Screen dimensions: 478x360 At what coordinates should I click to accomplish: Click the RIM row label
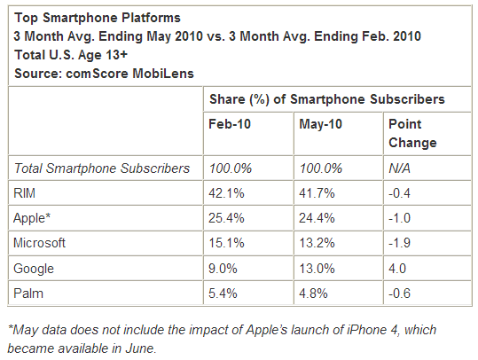pyautogui.click(x=25, y=193)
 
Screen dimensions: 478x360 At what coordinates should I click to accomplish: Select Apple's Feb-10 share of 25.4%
pyautogui.click(x=226, y=218)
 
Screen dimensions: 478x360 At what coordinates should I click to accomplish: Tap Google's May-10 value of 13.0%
pyautogui.click(x=317, y=269)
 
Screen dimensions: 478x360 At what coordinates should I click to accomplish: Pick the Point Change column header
pyautogui.click(x=412, y=133)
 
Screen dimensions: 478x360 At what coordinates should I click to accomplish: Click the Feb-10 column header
pyautogui.click(x=230, y=124)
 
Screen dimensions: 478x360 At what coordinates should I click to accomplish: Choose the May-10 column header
pyautogui.click(x=320, y=124)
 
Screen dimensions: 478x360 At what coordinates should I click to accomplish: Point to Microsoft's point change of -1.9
pyautogui.click(x=399, y=243)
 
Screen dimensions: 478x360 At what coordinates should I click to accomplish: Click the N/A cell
pyautogui.click(x=399, y=168)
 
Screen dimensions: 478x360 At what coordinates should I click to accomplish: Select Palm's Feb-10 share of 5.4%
pyautogui.click(x=223, y=293)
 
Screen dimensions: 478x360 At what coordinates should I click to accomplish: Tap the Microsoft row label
pyautogui.click(x=39, y=243)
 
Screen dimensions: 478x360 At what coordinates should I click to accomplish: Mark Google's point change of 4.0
pyautogui.click(x=397, y=269)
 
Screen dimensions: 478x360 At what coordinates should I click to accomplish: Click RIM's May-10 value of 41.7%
pyautogui.click(x=317, y=193)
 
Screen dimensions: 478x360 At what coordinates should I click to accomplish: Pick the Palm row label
pyautogui.click(x=28, y=293)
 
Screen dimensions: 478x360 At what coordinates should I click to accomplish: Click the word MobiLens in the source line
pyautogui.click(x=163, y=74)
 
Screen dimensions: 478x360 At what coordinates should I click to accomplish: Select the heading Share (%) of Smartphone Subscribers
pyautogui.click(x=327, y=99)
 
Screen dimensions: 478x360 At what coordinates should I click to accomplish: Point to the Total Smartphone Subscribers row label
pyautogui.click(x=102, y=168)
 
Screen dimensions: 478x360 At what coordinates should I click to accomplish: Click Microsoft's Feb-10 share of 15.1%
pyautogui.click(x=226, y=243)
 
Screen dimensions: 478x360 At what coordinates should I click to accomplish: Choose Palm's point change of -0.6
pyautogui.click(x=399, y=293)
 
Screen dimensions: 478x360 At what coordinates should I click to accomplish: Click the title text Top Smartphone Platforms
pyautogui.click(x=98, y=18)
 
